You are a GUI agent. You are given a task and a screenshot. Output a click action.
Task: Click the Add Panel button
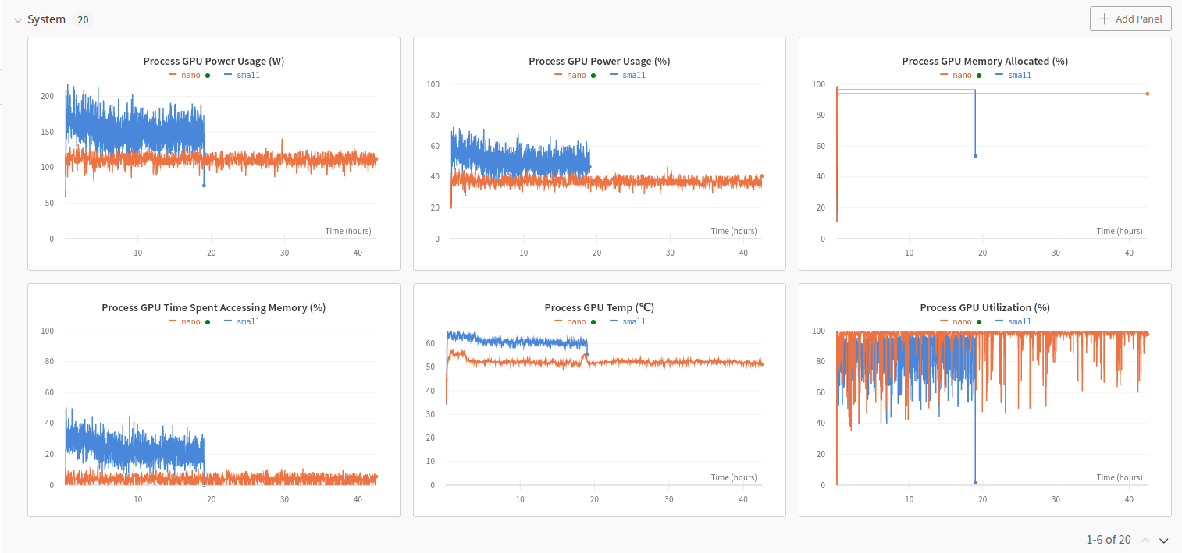point(1130,19)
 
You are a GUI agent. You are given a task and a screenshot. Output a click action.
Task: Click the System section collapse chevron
point(17,20)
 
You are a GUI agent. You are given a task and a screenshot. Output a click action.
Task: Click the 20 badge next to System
point(83,19)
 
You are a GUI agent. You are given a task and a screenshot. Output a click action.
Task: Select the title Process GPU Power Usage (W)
point(213,61)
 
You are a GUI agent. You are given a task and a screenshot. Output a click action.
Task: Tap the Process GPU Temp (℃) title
point(599,307)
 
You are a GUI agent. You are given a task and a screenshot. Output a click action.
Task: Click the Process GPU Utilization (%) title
point(984,307)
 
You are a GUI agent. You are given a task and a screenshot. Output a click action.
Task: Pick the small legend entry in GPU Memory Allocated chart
point(1019,75)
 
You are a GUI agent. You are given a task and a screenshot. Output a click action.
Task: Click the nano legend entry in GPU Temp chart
point(576,321)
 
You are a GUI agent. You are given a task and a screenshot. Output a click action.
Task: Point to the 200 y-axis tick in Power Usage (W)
point(48,96)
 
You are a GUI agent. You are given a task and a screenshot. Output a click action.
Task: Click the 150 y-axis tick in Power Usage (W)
point(48,132)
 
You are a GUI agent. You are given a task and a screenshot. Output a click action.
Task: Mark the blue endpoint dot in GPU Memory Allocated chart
point(975,156)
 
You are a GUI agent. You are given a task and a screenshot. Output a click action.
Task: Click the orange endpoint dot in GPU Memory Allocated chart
point(1148,94)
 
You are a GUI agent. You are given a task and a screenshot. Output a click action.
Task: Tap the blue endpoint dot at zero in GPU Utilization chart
point(975,483)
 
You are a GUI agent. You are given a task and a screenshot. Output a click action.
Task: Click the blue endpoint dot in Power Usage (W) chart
point(204,185)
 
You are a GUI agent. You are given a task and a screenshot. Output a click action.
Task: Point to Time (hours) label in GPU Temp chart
point(733,477)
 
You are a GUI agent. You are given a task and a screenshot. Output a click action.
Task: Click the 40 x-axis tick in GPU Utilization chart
point(1129,499)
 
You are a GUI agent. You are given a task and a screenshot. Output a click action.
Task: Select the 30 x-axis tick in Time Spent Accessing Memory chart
point(284,499)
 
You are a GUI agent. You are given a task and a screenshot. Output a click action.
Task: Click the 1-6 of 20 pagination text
point(1108,540)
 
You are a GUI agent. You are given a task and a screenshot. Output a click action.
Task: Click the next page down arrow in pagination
point(1163,541)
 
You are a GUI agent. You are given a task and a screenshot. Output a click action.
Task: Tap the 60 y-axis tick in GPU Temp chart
point(430,343)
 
